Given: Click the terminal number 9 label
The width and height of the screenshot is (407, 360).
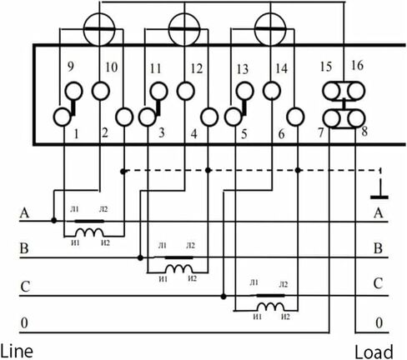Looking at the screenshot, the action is (x=71, y=67).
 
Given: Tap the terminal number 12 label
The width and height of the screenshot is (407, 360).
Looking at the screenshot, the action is (x=197, y=68).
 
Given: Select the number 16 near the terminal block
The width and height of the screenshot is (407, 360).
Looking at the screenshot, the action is (x=357, y=65).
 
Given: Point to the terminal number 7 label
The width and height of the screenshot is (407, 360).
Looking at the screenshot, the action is (x=321, y=132).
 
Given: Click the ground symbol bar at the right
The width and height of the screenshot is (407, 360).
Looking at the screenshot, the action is (x=379, y=197).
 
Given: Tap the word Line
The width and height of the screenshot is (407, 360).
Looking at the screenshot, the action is (x=17, y=351).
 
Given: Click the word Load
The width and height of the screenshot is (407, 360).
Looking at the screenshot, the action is (x=374, y=352).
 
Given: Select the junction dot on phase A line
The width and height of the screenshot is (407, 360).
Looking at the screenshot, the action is (x=54, y=221).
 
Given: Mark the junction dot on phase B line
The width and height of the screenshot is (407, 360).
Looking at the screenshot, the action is (x=140, y=258).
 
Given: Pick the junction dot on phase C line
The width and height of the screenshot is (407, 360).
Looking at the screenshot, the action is (x=224, y=297).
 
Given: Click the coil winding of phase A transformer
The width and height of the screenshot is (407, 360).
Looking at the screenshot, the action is (x=89, y=232).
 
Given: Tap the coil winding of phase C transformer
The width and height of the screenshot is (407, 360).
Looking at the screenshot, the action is (x=270, y=307).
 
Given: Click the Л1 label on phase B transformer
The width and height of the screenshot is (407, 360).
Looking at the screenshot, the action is (x=163, y=246).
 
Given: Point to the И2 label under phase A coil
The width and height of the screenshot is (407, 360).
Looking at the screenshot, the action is (x=105, y=242).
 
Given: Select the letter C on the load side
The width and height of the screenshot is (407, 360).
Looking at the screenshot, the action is (x=379, y=283).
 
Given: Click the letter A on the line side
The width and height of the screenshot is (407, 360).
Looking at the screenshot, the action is (x=24, y=213).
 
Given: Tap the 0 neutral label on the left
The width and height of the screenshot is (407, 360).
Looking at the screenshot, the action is (x=24, y=323).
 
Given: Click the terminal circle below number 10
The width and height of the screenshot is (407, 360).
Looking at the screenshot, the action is (x=101, y=91).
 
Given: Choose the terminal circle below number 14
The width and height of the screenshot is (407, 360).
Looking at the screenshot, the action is (x=272, y=91).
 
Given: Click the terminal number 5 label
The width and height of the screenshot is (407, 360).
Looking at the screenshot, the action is (x=244, y=134).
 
